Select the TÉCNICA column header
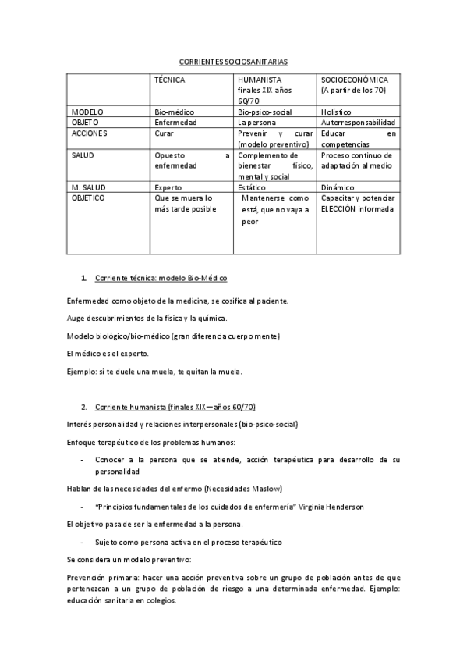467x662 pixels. point(170,80)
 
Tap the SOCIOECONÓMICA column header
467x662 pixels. point(355,80)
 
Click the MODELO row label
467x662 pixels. point(87,112)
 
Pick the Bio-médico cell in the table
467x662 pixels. point(175,112)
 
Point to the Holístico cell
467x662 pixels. point(336,112)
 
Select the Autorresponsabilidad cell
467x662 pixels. point(358,123)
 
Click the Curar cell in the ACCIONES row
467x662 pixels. point(165,133)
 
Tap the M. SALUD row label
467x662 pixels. point(89,187)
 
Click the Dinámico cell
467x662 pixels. point(338,187)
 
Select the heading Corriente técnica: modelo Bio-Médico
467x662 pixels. point(161,279)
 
